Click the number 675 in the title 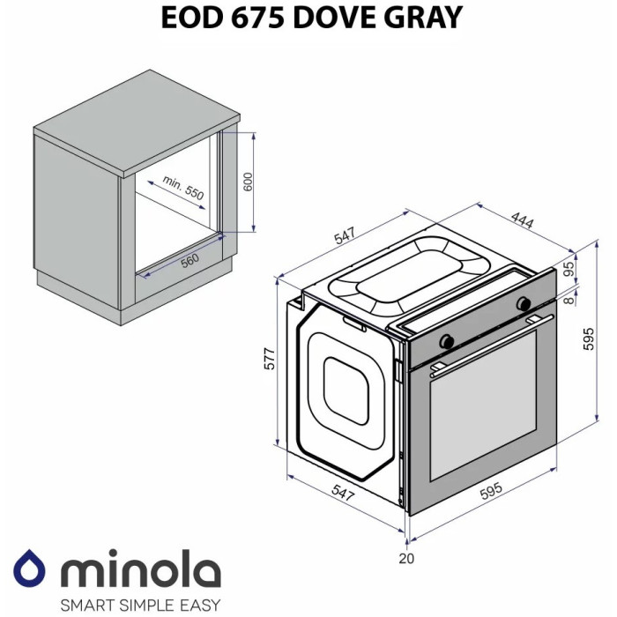257,18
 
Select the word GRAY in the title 423,19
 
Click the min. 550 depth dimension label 183,187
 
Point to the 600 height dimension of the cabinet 248,182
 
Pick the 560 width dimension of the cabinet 190,261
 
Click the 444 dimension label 522,220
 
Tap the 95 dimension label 569,269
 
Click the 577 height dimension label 270,359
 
